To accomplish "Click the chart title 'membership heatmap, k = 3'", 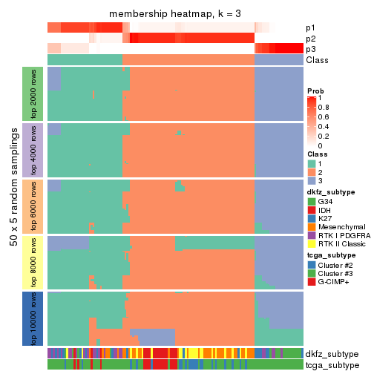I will tap(175, 15).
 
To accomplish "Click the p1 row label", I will tap(310, 28).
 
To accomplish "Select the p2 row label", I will tap(310, 39).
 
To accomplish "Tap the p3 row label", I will tap(310, 49).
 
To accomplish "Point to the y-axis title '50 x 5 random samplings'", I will tap(13, 206).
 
